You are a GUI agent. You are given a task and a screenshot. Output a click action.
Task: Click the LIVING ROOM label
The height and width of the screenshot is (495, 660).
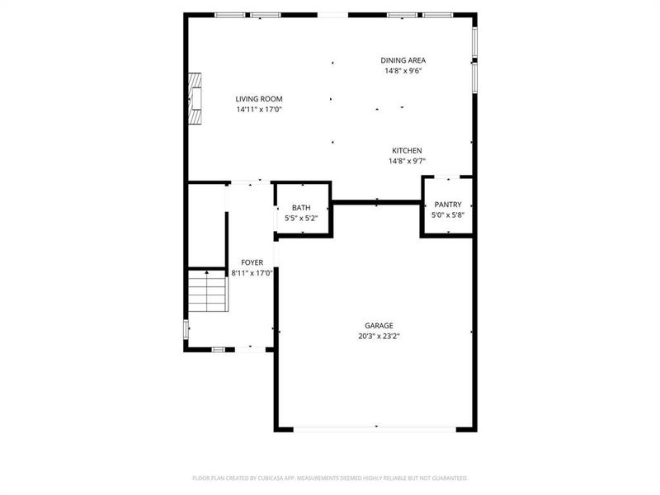(259, 99)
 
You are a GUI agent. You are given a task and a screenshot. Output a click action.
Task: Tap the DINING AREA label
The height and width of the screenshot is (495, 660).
(403, 60)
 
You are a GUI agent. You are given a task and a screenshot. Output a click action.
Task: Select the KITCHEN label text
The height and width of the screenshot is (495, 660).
(407, 151)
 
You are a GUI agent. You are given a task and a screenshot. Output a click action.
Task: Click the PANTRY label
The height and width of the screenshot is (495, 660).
(448, 204)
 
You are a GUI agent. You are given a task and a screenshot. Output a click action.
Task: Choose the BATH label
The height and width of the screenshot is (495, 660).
(301, 208)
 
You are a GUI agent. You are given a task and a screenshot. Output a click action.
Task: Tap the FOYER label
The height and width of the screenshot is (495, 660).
(252, 262)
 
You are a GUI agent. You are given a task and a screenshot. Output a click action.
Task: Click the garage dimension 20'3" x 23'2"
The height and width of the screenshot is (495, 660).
(379, 337)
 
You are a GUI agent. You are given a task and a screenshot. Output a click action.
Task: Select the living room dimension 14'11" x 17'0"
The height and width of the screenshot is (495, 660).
(259, 110)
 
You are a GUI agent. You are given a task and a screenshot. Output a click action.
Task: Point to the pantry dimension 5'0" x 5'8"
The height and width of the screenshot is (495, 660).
(448, 214)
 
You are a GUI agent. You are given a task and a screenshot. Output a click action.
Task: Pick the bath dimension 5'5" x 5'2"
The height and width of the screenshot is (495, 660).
(301, 219)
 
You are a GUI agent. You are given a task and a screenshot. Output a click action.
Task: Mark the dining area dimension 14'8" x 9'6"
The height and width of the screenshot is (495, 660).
(403, 71)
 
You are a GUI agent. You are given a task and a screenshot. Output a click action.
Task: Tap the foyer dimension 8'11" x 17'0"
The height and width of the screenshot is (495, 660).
(252, 273)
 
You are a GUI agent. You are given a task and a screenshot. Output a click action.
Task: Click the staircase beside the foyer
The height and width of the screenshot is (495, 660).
(206, 295)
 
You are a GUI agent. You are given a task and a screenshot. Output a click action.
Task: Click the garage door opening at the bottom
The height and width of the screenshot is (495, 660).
(376, 429)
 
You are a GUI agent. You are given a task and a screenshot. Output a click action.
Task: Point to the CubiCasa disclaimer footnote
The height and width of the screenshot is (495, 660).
(330, 478)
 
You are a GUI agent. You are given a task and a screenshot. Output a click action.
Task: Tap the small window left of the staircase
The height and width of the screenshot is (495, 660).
(185, 328)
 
